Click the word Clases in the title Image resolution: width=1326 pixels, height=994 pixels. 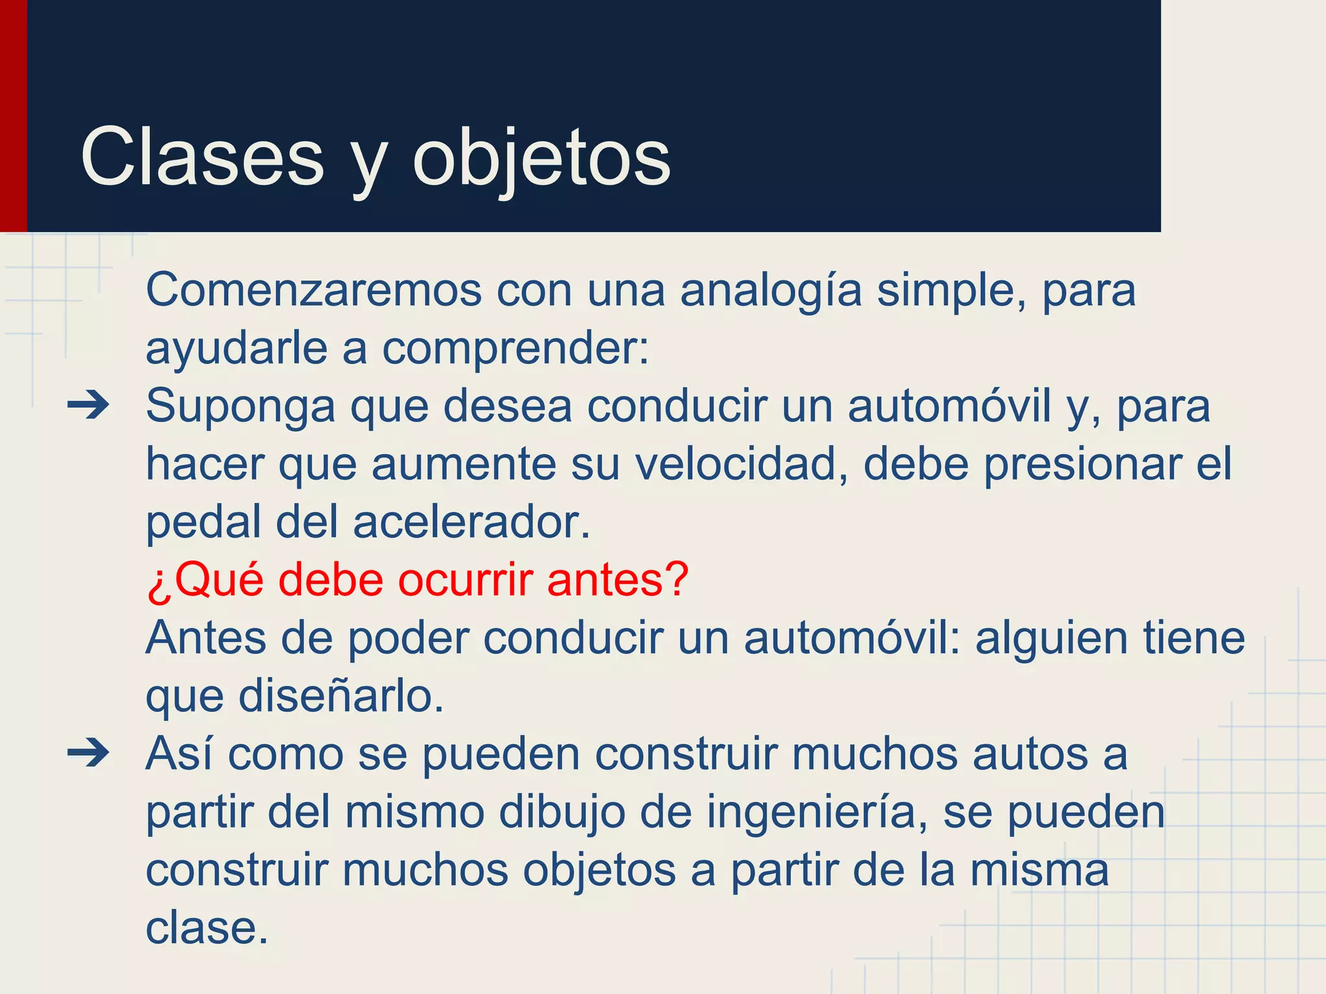click(202, 157)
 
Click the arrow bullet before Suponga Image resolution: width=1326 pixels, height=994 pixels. click(89, 406)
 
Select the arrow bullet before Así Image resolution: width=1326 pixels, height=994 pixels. click(89, 753)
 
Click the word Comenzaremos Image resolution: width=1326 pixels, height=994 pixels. click(313, 290)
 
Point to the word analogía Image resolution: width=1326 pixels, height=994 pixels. click(770, 291)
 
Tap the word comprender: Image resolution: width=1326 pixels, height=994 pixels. click(515, 349)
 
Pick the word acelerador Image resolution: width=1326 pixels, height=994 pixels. click(472, 522)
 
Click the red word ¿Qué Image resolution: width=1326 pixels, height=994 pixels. click(205, 580)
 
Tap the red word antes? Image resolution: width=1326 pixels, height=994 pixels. click(618, 580)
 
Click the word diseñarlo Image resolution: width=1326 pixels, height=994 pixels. click(341, 696)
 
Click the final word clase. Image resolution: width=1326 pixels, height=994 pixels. click(206, 928)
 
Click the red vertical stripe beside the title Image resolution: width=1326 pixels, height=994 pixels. click(13, 116)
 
